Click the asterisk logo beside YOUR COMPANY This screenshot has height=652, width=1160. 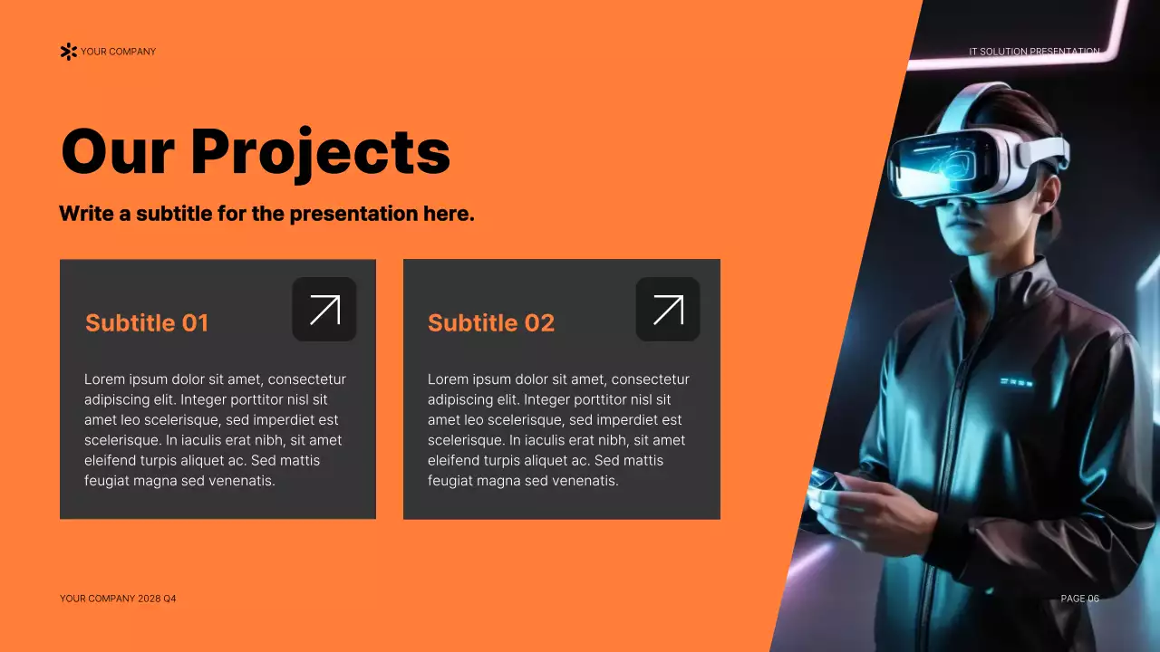click(x=68, y=52)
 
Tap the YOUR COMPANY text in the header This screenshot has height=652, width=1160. click(x=118, y=52)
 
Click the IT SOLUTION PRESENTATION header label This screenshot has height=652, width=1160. click(x=1034, y=52)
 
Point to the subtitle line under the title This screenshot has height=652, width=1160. click(x=266, y=215)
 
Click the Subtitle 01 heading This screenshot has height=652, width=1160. click(x=147, y=323)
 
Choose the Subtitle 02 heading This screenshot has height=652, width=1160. click(x=490, y=323)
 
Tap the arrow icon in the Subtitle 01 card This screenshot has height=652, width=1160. click(x=324, y=310)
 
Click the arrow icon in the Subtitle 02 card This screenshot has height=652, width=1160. click(x=668, y=310)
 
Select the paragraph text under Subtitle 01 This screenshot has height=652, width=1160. click(x=216, y=430)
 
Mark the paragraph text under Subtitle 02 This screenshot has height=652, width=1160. click(x=559, y=430)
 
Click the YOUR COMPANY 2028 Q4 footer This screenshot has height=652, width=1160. click(x=118, y=599)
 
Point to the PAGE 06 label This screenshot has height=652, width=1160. click(x=1079, y=599)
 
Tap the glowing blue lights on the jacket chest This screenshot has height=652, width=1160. click(x=1016, y=382)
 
